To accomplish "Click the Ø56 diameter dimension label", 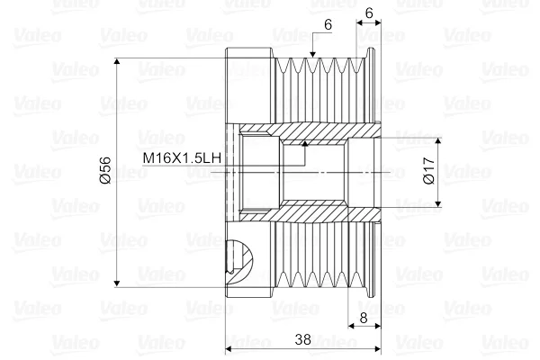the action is [106, 170].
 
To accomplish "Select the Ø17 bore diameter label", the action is [428, 170].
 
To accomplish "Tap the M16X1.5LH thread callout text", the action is [182, 158].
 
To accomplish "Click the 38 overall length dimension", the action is [302, 339].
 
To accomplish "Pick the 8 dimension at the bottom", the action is [364, 318].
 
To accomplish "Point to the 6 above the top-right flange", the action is [369, 13].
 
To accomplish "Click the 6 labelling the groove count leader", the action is [328, 25].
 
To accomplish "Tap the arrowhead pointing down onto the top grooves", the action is [312, 54].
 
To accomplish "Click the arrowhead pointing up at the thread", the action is [304, 143].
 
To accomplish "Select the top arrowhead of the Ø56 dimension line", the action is [117, 61].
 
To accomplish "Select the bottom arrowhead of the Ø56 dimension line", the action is [117, 283].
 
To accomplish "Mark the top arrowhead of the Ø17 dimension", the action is [438, 140].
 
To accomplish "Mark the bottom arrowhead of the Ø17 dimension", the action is [438, 203].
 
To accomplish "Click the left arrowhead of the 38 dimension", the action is [229, 349].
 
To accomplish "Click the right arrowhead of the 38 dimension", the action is [377, 349].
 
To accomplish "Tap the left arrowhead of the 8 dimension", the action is [351, 326].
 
